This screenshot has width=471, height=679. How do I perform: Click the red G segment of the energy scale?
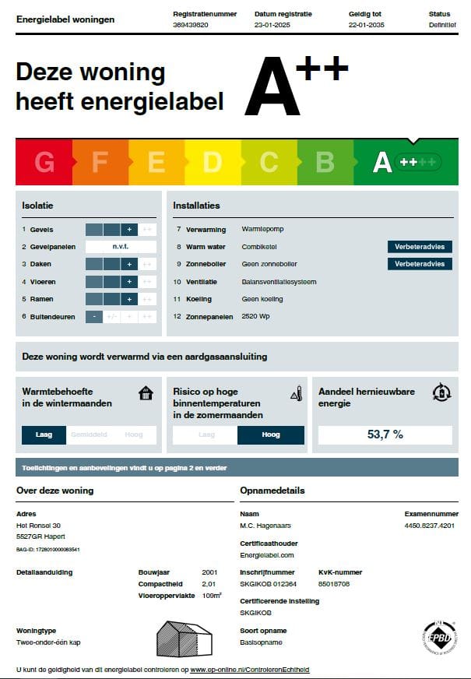[x=44, y=162]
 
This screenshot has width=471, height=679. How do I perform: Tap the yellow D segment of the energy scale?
[x=213, y=162]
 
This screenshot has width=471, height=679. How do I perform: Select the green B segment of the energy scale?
[x=325, y=162]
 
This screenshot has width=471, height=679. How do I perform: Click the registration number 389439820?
[x=190, y=25]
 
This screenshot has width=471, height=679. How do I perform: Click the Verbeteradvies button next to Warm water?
[x=420, y=247]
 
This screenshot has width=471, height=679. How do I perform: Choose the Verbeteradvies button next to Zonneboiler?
[x=420, y=264]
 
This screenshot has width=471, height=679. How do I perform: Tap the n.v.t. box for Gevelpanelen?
[x=121, y=247]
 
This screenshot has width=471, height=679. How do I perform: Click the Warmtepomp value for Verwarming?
[x=262, y=230]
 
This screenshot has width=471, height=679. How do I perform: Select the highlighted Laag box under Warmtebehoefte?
[x=44, y=434]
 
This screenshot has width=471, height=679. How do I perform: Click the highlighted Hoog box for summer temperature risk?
[x=270, y=435]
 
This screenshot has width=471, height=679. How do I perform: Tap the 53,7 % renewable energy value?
[x=385, y=434]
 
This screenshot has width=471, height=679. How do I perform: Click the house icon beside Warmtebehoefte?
[x=146, y=393]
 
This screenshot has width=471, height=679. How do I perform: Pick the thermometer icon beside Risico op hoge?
[x=295, y=392]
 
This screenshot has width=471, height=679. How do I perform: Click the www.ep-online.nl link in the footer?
[x=249, y=670]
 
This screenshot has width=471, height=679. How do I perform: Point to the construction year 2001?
[x=209, y=572]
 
